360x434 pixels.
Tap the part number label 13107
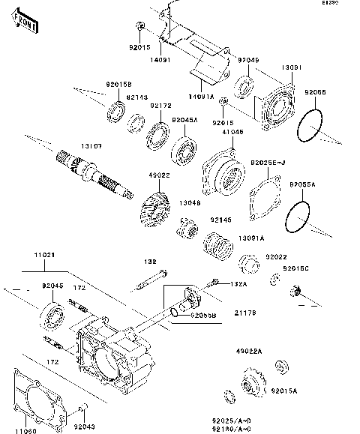(91, 148)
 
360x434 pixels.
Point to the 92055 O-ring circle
(311, 127)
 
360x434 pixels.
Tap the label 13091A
(250, 238)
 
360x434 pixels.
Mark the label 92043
(84, 426)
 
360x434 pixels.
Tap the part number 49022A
(249, 351)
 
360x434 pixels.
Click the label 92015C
(295, 268)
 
